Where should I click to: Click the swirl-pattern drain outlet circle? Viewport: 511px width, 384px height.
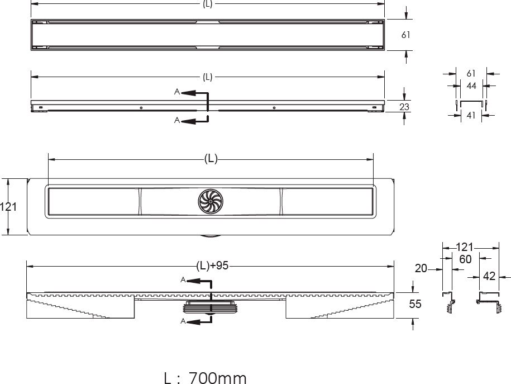tap(211, 201)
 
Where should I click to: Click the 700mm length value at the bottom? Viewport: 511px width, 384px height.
tap(218, 378)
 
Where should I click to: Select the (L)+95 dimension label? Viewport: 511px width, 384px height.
tap(212, 266)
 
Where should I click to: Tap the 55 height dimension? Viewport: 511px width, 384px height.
tap(415, 304)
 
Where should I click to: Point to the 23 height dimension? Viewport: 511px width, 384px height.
tap(404, 107)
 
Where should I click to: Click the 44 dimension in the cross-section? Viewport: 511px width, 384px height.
tap(471, 86)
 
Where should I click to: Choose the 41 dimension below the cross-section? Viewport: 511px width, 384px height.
tap(471, 115)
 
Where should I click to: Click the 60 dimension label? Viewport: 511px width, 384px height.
tap(465, 259)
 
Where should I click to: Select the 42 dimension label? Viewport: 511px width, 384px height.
tap(489, 276)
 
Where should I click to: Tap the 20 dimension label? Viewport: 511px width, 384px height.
tap(421, 268)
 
